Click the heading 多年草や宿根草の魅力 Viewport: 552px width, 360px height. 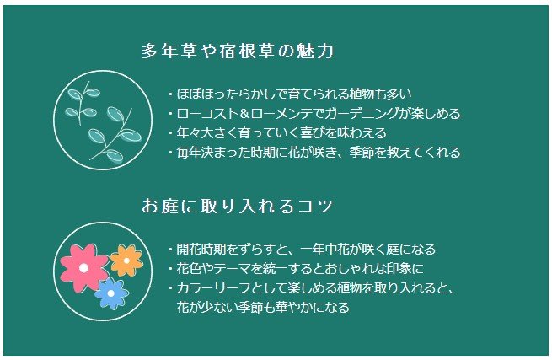[238, 51]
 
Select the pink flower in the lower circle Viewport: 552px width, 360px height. [83, 266]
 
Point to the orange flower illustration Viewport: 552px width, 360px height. [126, 261]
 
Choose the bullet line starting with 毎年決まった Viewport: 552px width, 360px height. [314, 153]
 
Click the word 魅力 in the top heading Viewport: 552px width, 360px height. [317, 51]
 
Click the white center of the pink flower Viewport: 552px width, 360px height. [83, 267]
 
